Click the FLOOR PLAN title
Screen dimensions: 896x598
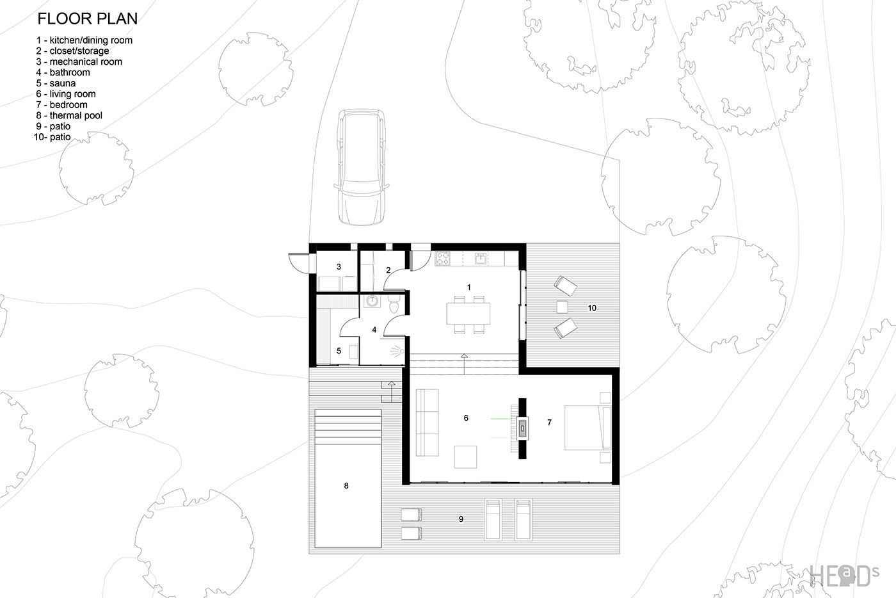[x=87, y=19]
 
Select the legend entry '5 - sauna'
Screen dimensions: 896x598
[x=56, y=83]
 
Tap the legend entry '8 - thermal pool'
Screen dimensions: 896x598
[x=69, y=116]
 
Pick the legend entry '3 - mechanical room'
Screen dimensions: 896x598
[x=79, y=61]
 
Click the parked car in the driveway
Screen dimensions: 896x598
[x=362, y=167]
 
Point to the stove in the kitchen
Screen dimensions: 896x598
[x=442, y=258]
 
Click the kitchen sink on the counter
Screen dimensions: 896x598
[x=481, y=259]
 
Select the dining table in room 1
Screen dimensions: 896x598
[x=468, y=314]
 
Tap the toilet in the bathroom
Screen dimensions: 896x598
[x=394, y=304]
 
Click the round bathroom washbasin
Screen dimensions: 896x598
[x=372, y=301]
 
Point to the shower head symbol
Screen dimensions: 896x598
[x=397, y=351]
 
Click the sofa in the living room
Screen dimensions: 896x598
[x=428, y=423]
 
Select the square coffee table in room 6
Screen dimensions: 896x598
[x=466, y=457]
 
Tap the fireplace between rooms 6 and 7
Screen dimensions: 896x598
[x=522, y=429]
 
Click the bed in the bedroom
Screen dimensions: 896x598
[x=588, y=428]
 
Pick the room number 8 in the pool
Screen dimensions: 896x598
[x=346, y=485]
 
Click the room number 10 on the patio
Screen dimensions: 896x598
[x=592, y=308]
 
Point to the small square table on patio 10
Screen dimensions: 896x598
[x=562, y=307]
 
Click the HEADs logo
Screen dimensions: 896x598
[x=845, y=576]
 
